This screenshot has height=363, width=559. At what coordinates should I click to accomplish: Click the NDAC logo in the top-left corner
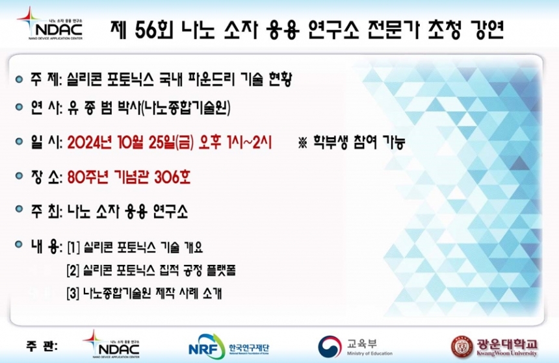[x=49, y=23]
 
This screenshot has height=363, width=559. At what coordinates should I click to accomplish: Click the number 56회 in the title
[x=153, y=30]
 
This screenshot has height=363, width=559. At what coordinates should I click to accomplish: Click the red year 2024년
[x=92, y=143]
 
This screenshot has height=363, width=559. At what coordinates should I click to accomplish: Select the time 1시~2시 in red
[x=249, y=143]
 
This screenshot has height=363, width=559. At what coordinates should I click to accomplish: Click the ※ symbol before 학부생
[x=303, y=143]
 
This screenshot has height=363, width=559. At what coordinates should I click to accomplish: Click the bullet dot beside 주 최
[x=19, y=208]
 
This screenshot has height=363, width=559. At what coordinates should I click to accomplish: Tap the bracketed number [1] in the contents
[x=73, y=247]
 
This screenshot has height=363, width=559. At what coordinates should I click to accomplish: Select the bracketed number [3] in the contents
[x=73, y=294]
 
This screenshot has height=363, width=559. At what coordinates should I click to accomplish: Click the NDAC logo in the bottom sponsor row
[x=111, y=344]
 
